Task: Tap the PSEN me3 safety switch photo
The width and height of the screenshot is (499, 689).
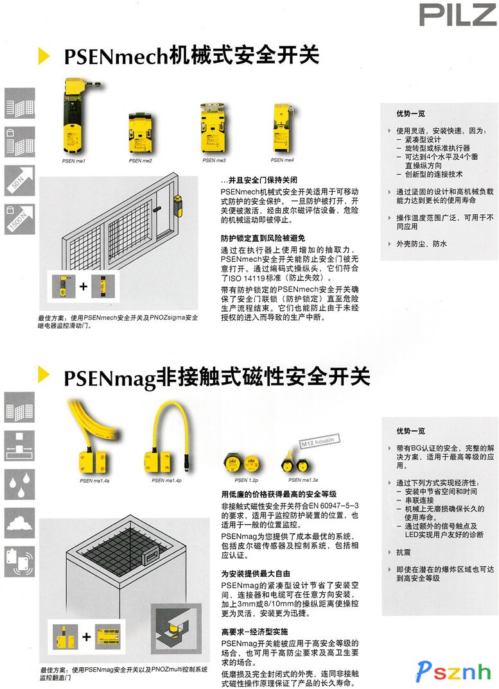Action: point(214,128)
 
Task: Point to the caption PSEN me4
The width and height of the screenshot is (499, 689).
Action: point(282,160)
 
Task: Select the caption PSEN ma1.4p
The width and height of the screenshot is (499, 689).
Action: point(166,479)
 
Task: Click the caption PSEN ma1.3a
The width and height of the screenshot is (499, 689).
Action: point(302,479)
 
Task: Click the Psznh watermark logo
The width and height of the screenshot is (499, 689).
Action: point(453,671)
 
